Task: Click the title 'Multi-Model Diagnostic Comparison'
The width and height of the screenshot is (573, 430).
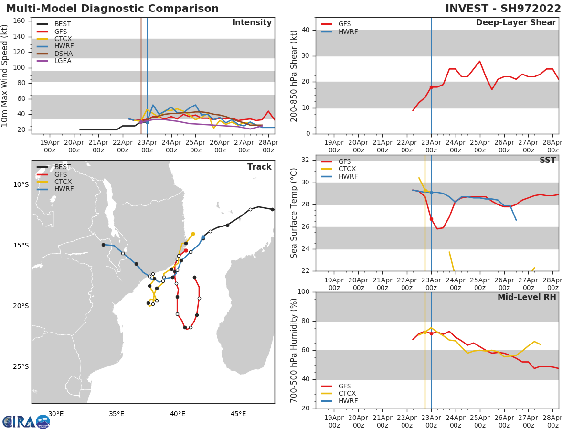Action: pyautogui.click(x=112, y=9)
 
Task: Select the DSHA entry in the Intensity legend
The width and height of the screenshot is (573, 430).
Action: pyautogui.click(x=63, y=54)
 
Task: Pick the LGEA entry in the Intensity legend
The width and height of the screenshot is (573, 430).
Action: pyautogui.click(x=63, y=61)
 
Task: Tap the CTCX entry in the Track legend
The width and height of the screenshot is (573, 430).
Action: pyautogui.click(x=63, y=182)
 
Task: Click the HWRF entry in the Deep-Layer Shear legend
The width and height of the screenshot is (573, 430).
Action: pyautogui.click(x=348, y=32)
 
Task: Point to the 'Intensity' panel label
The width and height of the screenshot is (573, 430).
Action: pyautogui.click(x=252, y=23)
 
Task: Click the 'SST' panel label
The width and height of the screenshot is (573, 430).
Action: pyautogui.click(x=547, y=161)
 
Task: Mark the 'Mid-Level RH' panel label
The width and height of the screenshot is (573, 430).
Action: pyautogui.click(x=527, y=297)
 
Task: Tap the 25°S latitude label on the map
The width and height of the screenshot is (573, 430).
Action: pyautogui.click(x=21, y=367)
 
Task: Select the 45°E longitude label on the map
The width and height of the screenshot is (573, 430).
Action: pyautogui.click(x=238, y=414)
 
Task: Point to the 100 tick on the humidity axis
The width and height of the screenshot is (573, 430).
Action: pyautogui.click(x=304, y=292)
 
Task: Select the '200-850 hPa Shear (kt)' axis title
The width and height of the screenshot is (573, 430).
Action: pyautogui.click(x=294, y=75)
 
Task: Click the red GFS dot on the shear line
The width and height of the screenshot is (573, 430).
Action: pyautogui.click(x=431, y=87)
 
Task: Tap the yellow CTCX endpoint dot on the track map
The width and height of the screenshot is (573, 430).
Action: pyautogui.click(x=193, y=234)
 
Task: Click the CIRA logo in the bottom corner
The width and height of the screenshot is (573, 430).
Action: pyautogui.click(x=26, y=422)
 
